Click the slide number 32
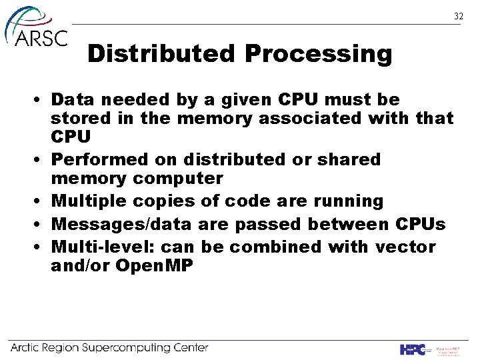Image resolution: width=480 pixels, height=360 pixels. click(458, 16)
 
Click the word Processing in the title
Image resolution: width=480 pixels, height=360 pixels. click(319, 54)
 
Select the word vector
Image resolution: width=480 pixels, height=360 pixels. click(405, 247)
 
